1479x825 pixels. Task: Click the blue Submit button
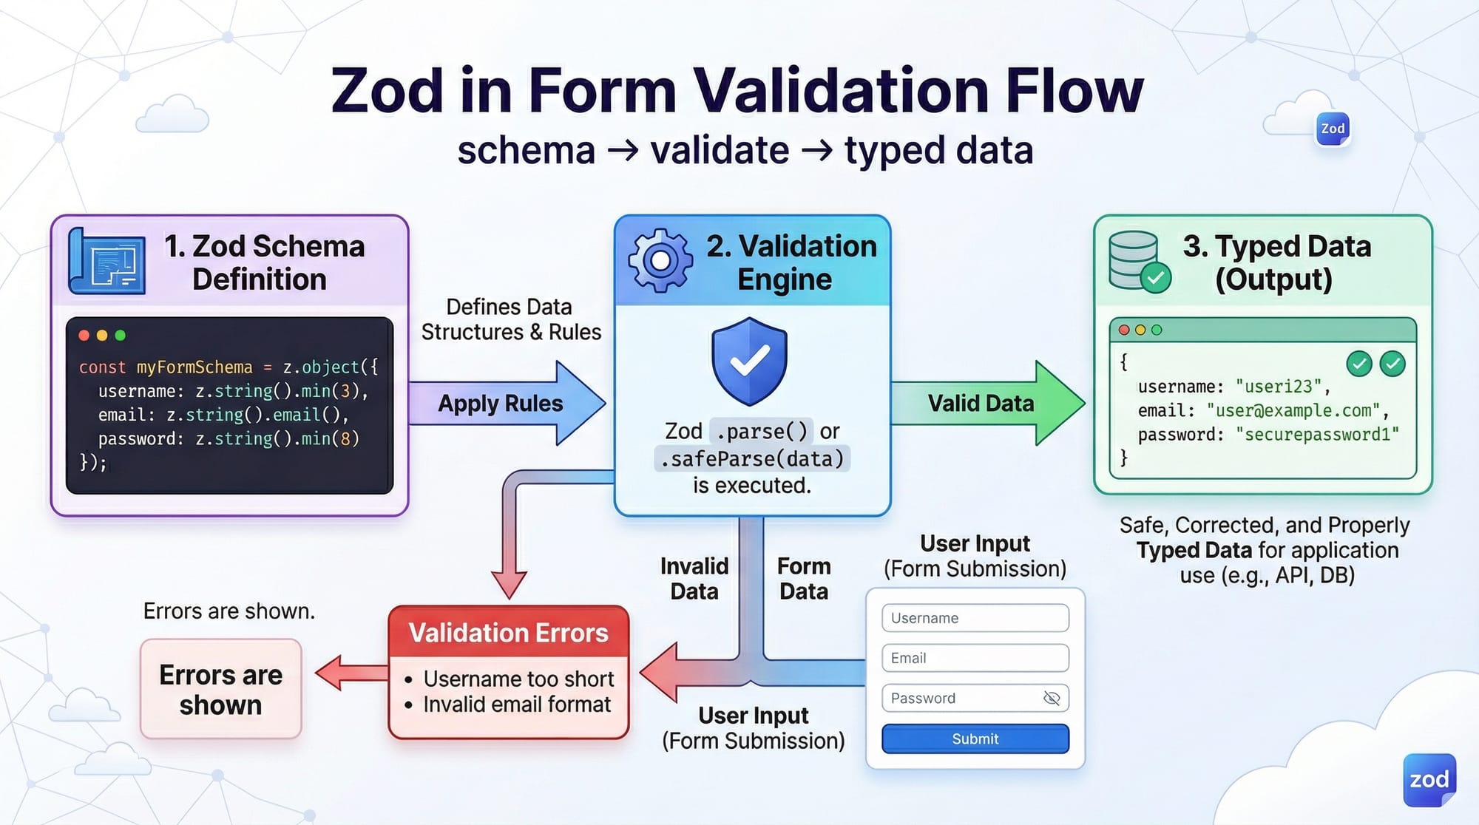pyautogui.click(x=975, y=739)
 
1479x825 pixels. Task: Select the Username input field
pyautogui.click(x=975, y=618)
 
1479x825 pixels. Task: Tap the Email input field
pyautogui.click(x=975, y=658)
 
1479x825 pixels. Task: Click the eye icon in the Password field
pyautogui.click(x=1051, y=698)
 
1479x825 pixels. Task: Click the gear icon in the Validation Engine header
pyautogui.click(x=660, y=260)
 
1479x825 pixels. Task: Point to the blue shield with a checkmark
pyautogui.click(x=749, y=361)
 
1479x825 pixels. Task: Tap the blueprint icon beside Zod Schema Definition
pyautogui.click(x=106, y=262)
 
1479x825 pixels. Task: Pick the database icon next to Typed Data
pyautogui.click(x=1137, y=262)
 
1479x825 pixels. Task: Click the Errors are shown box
pyautogui.click(x=220, y=689)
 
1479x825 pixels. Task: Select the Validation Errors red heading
pyautogui.click(x=508, y=633)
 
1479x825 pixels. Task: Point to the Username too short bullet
pyautogui.click(x=518, y=679)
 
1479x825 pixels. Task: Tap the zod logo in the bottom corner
pyautogui.click(x=1429, y=780)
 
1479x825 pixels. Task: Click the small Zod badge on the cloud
pyautogui.click(x=1333, y=129)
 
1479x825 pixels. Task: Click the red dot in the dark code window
pyautogui.click(x=84, y=336)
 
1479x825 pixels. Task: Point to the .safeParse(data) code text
pyautogui.click(x=752, y=459)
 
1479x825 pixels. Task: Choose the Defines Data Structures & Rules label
pyautogui.click(x=510, y=319)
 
